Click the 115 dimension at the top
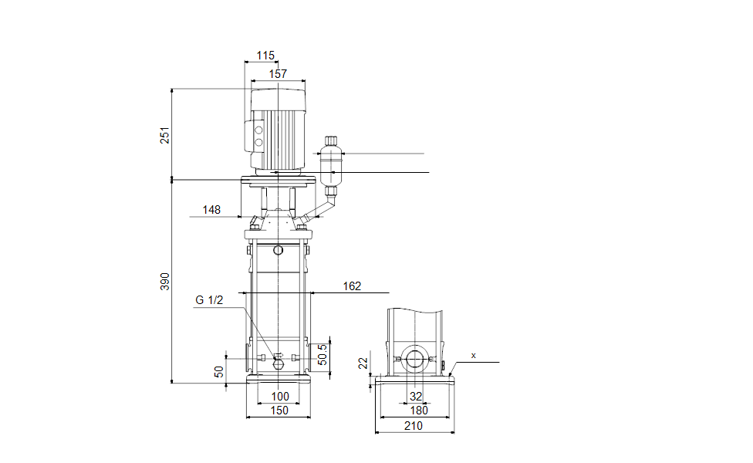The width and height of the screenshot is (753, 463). pyautogui.click(x=265, y=56)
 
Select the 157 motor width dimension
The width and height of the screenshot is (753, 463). pyautogui.click(x=278, y=74)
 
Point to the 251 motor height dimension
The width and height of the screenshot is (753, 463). pyautogui.click(x=165, y=136)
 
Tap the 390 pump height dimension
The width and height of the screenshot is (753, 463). pyautogui.click(x=165, y=282)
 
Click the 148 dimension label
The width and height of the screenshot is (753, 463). pyautogui.click(x=211, y=210)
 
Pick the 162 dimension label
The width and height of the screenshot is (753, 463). pyautogui.click(x=352, y=286)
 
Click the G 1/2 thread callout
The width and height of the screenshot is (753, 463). pyautogui.click(x=209, y=300)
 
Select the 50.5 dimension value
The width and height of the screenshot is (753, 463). pyautogui.click(x=322, y=354)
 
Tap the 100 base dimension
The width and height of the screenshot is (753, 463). pyautogui.click(x=280, y=397)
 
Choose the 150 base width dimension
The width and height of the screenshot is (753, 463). pyautogui.click(x=279, y=411)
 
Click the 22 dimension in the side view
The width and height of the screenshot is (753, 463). pyautogui.click(x=363, y=363)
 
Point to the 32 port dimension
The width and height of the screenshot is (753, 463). pyautogui.click(x=416, y=397)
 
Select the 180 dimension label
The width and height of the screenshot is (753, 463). pyautogui.click(x=419, y=411)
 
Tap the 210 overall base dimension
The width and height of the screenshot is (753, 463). pyautogui.click(x=414, y=426)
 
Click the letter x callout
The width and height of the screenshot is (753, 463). pyautogui.click(x=474, y=356)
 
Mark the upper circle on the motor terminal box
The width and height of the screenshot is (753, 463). pyautogui.click(x=258, y=130)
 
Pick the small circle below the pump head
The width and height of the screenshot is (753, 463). pyautogui.click(x=278, y=250)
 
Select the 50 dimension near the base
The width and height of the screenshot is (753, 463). pyautogui.click(x=219, y=371)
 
